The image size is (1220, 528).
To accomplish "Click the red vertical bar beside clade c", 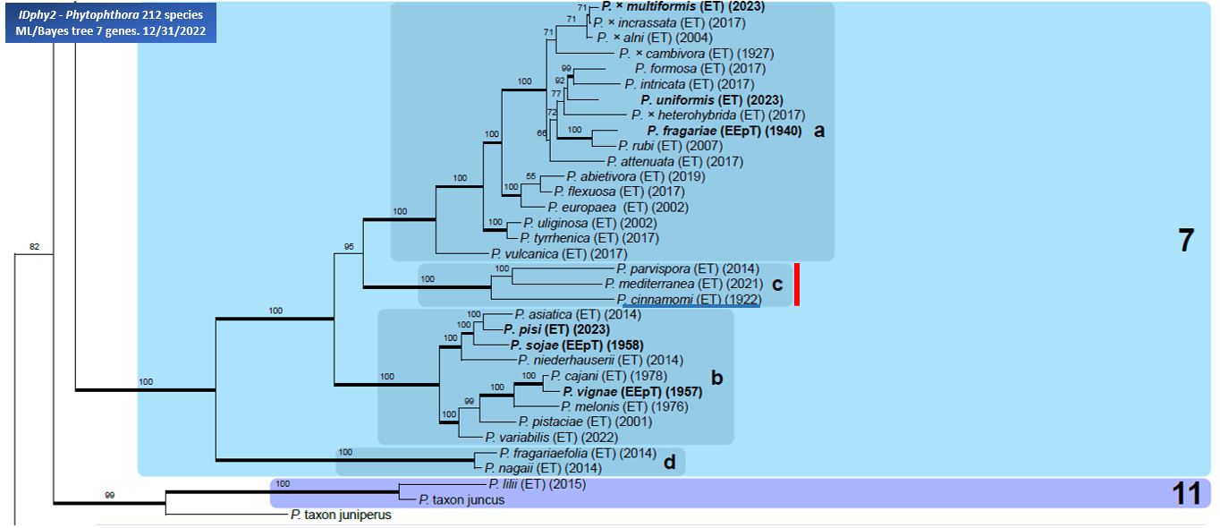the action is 796,285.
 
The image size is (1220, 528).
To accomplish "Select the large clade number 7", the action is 1186,241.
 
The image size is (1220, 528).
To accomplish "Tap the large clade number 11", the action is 1186,494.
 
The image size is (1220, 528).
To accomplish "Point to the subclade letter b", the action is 716,378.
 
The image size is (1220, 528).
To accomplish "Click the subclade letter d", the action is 669,462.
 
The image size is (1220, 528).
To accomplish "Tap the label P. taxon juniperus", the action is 341,515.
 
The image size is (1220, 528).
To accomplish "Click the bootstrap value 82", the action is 34,247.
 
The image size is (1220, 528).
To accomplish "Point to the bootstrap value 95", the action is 349,247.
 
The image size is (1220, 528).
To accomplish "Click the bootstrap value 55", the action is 530,176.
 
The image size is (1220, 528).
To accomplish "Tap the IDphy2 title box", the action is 111,22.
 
